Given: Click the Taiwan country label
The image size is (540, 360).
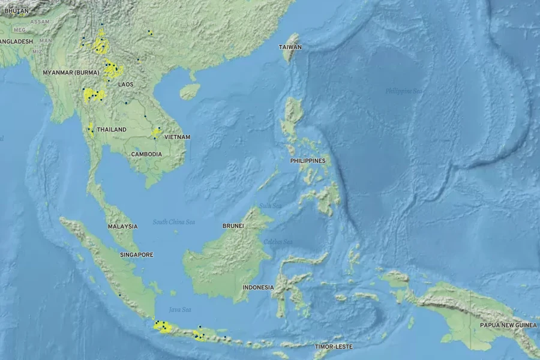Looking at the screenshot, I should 290,47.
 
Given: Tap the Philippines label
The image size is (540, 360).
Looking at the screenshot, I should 307,161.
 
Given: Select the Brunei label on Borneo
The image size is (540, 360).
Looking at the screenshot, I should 233,226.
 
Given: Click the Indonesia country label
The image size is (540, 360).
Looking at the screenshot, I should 258,287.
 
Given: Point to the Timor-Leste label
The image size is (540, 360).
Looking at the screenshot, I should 334,347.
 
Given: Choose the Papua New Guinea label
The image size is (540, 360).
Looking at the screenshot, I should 508,325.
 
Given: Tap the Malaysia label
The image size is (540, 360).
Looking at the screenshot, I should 122,227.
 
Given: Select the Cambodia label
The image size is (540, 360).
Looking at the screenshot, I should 146,154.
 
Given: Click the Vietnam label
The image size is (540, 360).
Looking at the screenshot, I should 177,137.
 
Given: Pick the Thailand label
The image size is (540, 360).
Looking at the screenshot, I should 112,130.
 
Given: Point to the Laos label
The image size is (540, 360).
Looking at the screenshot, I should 126,85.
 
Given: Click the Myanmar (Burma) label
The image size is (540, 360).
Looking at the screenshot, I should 71,73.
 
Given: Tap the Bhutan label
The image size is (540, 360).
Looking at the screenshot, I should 16,11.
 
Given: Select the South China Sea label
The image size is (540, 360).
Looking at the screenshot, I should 173,222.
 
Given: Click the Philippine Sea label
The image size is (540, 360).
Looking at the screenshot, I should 404,91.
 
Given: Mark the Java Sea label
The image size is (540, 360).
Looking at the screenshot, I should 180,310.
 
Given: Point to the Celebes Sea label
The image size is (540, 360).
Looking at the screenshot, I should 278,242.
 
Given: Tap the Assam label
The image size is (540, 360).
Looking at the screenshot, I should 40,22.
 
